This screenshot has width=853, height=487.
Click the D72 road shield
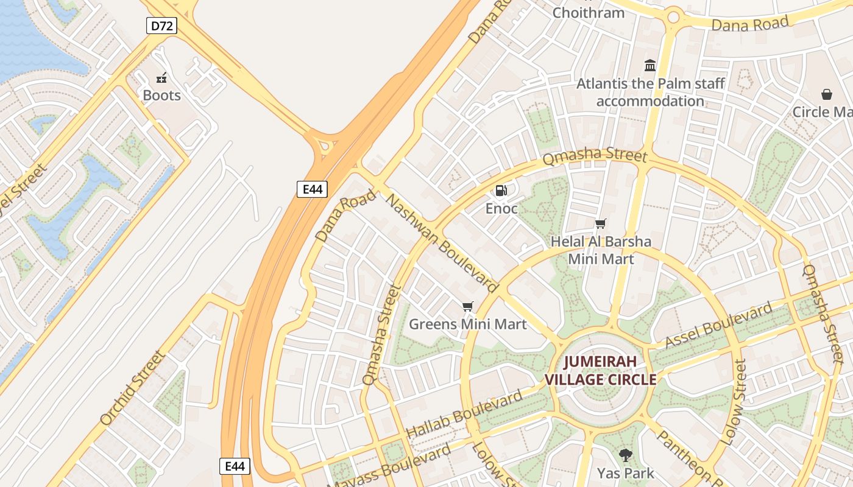click(161, 26)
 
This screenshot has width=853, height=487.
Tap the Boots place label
click(161, 96)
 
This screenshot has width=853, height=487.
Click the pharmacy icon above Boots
click(161, 77)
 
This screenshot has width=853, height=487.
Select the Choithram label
click(588, 12)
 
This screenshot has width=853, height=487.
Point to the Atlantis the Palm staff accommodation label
click(650, 92)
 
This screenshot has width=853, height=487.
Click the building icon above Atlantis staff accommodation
click(650, 65)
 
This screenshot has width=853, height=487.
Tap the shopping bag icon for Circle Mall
click(827, 94)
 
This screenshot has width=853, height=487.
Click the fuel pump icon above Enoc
click(501, 191)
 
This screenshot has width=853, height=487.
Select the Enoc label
click(501, 209)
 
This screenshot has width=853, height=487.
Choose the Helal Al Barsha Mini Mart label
click(601, 250)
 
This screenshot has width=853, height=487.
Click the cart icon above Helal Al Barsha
click(601, 223)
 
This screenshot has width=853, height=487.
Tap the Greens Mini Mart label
click(467, 324)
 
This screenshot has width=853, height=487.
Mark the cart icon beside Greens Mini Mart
click(467, 306)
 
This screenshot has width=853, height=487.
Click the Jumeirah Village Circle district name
click(600, 370)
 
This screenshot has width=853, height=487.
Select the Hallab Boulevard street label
click(464, 414)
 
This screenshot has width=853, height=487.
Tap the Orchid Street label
click(132, 388)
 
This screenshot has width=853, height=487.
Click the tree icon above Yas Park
click(625, 455)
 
